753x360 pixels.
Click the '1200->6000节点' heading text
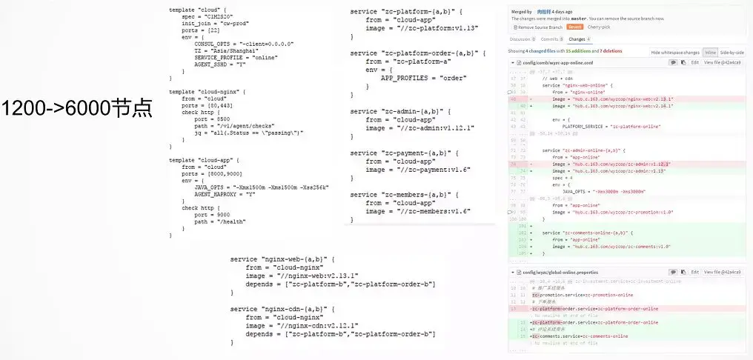76,108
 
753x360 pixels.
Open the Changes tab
577,39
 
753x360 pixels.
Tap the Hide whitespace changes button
675,53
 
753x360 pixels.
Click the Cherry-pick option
599,27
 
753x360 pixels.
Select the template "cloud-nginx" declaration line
205,91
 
